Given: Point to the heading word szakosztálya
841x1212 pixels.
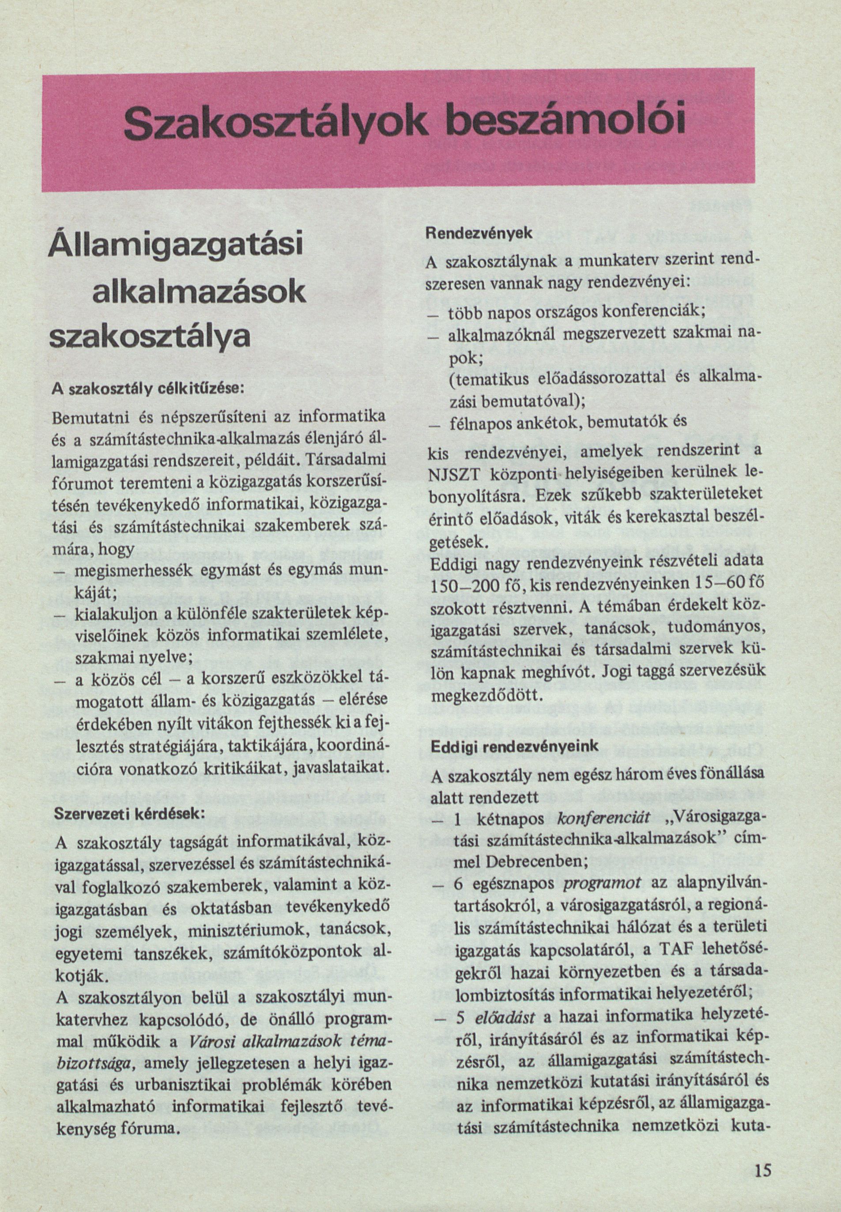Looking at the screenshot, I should (x=149, y=338).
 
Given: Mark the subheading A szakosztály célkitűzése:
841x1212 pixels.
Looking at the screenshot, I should (x=147, y=389).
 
